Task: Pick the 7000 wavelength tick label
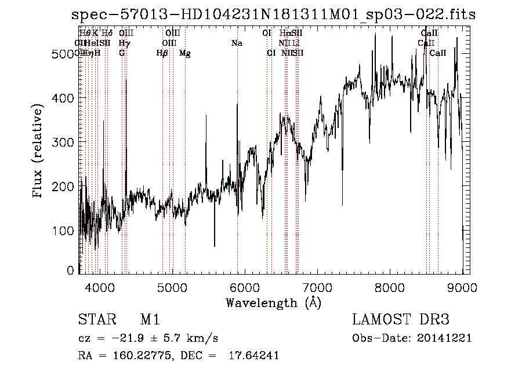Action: (x=317, y=287)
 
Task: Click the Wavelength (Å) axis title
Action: (x=273, y=302)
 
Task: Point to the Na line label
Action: (x=237, y=43)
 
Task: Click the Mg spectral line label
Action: (x=184, y=53)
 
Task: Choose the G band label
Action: (x=122, y=53)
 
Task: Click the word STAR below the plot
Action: (x=96, y=320)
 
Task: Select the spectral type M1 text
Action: (x=150, y=320)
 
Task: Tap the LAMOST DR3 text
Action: (x=401, y=320)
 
